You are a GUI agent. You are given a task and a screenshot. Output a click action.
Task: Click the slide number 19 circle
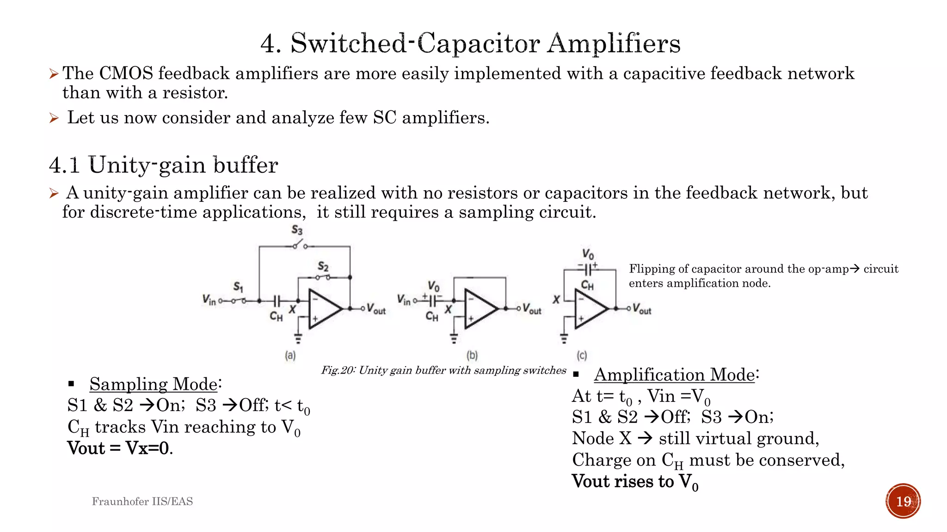click(903, 501)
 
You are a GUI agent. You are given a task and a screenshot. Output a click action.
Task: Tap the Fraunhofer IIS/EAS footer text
click(142, 501)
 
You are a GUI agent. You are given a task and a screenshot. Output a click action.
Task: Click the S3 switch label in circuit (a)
click(297, 230)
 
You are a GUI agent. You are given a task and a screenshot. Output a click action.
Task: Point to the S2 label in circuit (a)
click(323, 266)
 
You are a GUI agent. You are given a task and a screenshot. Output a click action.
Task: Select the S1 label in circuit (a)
click(238, 287)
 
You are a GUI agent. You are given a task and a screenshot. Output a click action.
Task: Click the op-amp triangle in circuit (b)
click(479, 308)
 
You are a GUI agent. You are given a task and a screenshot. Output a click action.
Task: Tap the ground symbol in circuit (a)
click(298, 338)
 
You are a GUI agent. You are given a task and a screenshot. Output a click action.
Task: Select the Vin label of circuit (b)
click(404, 301)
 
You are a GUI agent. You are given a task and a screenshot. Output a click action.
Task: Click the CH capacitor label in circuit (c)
click(587, 285)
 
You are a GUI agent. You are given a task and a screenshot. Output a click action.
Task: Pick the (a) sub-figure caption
click(290, 355)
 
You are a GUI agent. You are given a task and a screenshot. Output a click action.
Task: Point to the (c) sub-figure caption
click(582, 355)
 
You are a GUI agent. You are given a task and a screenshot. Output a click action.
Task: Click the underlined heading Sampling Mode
click(153, 384)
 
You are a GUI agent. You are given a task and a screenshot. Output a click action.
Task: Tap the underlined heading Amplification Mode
click(674, 375)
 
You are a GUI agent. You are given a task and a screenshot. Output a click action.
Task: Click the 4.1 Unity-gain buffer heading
click(163, 165)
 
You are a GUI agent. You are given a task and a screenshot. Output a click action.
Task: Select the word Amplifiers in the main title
click(614, 43)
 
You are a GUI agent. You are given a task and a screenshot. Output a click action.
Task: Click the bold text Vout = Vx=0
click(120, 448)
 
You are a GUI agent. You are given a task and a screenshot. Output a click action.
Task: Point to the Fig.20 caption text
click(443, 370)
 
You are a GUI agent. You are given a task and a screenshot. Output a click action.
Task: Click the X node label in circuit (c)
click(556, 300)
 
